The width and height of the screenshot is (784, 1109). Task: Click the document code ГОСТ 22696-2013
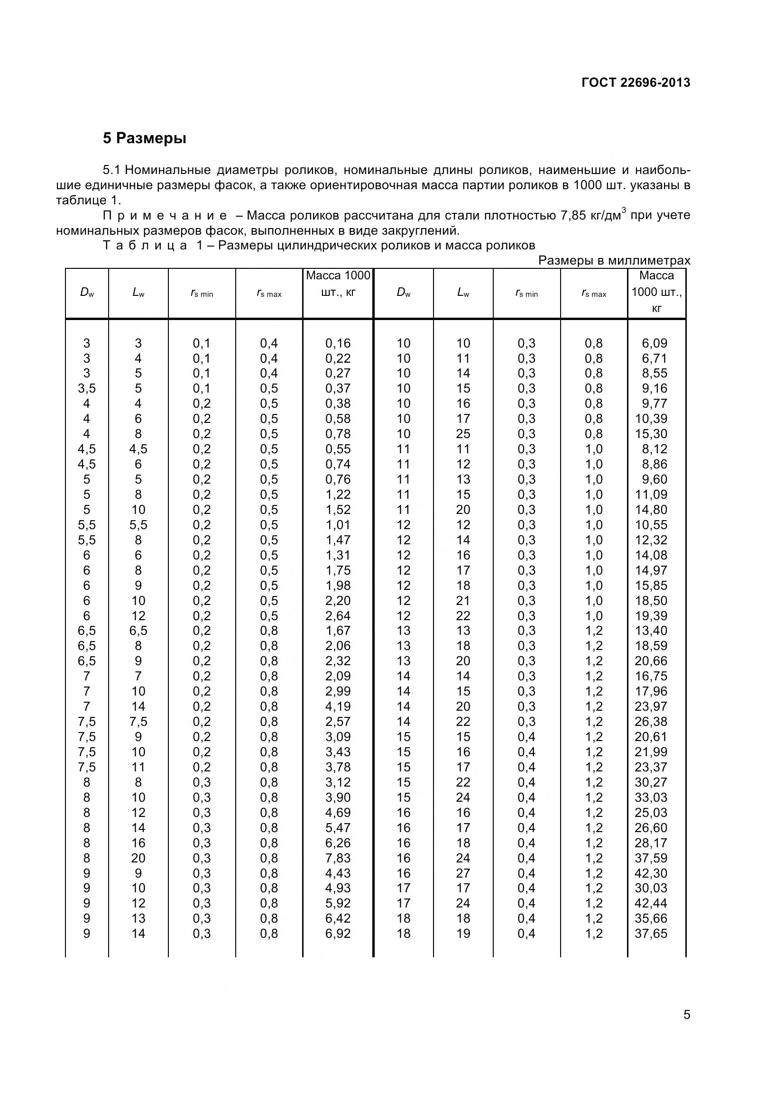(x=636, y=82)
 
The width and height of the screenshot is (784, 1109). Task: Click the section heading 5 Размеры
(x=145, y=138)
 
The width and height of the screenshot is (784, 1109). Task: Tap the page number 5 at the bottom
(x=686, y=1014)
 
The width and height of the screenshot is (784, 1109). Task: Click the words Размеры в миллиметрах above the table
(x=614, y=261)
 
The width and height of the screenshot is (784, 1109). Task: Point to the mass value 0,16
(x=338, y=343)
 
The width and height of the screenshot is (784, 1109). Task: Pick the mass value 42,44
(x=651, y=903)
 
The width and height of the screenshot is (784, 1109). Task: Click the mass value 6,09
(x=654, y=343)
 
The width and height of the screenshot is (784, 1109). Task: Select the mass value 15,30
(x=651, y=434)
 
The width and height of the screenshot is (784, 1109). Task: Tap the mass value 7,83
(x=338, y=858)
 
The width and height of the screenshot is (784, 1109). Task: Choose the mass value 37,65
(x=651, y=933)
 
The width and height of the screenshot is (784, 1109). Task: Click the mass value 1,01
(x=338, y=524)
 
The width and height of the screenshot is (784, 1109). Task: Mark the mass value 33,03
(x=651, y=797)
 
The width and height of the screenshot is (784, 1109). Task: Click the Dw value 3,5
(x=87, y=388)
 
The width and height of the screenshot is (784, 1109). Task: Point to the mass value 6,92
(x=338, y=933)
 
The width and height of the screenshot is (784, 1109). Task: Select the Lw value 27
(x=463, y=873)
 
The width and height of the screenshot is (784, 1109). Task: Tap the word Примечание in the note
(x=165, y=215)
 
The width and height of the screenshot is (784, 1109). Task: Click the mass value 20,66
(x=651, y=661)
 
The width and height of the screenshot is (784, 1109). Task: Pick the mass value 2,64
(x=338, y=616)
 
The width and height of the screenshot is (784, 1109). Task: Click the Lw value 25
(x=463, y=434)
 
